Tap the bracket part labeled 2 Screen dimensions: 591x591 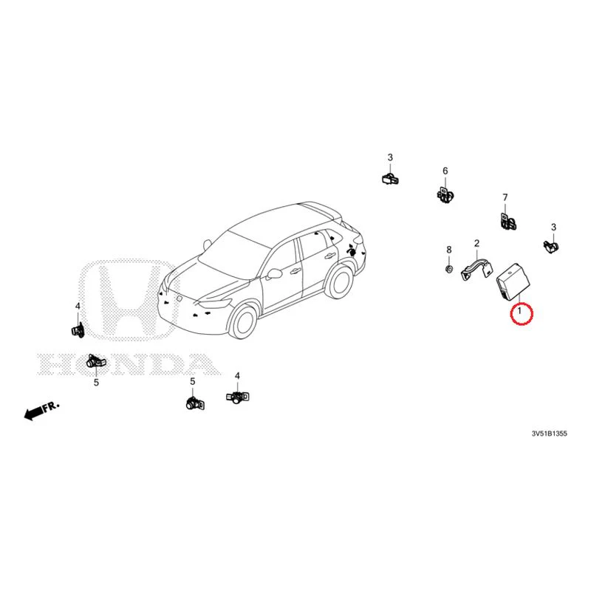[x=477, y=268]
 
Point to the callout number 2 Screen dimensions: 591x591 [x=476, y=243]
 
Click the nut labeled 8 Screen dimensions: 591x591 [x=449, y=269]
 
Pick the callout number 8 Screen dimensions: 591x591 [x=449, y=250]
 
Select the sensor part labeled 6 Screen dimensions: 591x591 [x=446, y=194]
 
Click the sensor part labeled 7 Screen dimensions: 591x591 [x=508, y=222]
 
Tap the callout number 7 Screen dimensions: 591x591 [x=505, y=197]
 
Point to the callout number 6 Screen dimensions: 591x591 [x=445, y=171]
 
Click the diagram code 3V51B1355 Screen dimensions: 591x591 [x=549, y=434]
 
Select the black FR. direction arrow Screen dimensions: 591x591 [x=33, y=414]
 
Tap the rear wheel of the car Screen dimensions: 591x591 [x=341, y=281]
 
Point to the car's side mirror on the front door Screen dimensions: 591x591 [x=273, y=273]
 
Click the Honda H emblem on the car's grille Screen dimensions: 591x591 [x=180, y=299]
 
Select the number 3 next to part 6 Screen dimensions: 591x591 [x=390, y=157]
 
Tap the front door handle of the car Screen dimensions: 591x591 [x=294, y=270]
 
